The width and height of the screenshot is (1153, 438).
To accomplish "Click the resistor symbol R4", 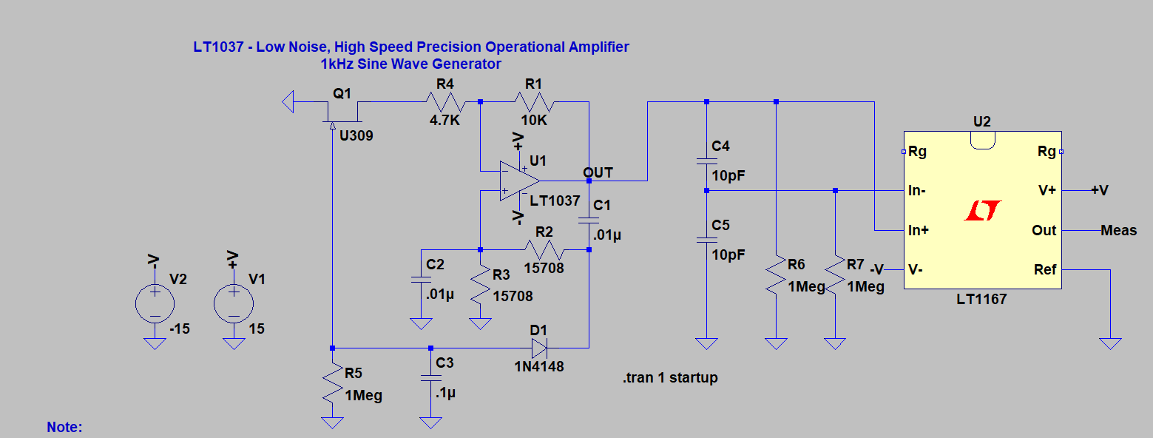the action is (445, 102).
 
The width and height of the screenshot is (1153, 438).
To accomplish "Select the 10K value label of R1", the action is (534, 121).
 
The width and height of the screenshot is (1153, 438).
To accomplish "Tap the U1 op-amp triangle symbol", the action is (519, 181).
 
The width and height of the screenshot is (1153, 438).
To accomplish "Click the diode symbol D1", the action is (539, 348).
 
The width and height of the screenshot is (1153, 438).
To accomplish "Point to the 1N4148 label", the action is (539, 366).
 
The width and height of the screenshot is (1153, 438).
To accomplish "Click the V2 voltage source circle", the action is (155, 303).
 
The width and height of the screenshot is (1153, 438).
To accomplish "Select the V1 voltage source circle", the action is (234, 303).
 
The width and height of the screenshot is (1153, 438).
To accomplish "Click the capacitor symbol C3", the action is (431, 378).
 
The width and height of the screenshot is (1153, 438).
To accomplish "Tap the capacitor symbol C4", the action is (707, 161).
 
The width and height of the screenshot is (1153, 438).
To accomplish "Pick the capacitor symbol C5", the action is (707, 240).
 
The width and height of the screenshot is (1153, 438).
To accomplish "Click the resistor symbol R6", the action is (777, 274).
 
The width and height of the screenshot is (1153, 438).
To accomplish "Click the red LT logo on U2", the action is (983, 211).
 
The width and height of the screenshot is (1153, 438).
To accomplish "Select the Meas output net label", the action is (1118, 231).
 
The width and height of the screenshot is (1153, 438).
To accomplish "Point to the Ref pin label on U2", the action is (1045, 270).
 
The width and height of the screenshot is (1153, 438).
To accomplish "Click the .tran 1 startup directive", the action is (670, 378).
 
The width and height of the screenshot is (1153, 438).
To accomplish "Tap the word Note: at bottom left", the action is (64, 427).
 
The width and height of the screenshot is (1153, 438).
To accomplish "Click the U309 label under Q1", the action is (356, 136).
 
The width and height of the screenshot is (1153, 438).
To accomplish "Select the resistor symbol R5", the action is (333, 383).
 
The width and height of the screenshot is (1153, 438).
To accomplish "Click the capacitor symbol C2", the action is (421, 280).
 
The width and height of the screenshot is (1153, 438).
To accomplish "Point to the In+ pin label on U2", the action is (919, 230).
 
